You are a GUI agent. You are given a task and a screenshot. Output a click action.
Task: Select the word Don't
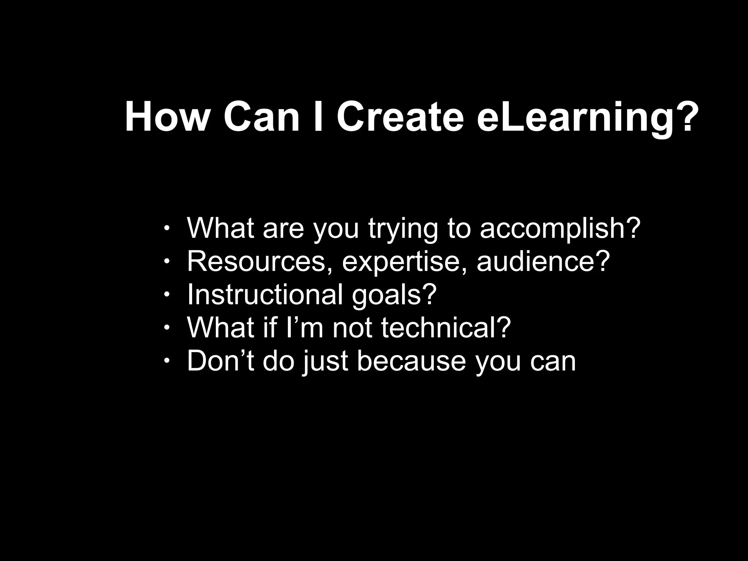(x=221, y=360)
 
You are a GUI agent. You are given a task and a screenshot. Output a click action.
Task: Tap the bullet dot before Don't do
(x=167, y=361)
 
